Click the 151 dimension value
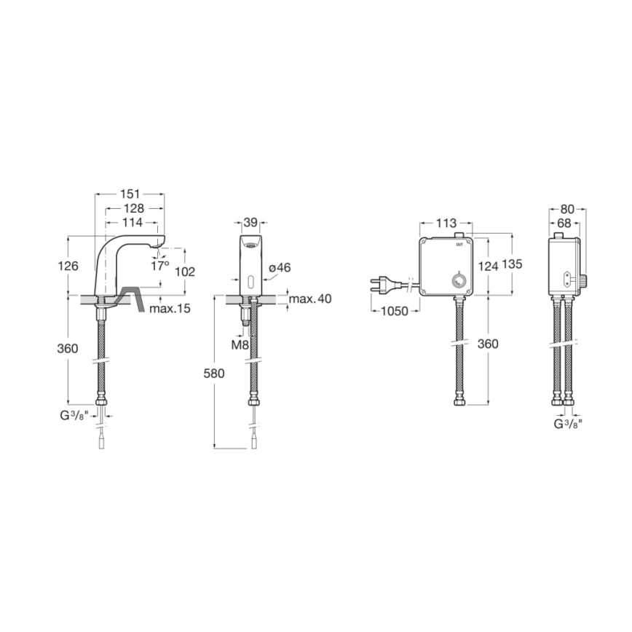click(130, 194)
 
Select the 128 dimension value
click(133, 208)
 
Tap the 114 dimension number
click(133, 222)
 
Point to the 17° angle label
click(159, 266)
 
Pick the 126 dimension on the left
click(68, 266)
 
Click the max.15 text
click(170, 309)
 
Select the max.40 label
click(309, 299)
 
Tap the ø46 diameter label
click(280, 269)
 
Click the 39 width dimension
click(250, 222)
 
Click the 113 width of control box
click(446, 223)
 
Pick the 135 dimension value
click(513, 266)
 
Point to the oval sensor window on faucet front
click(250, 280)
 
